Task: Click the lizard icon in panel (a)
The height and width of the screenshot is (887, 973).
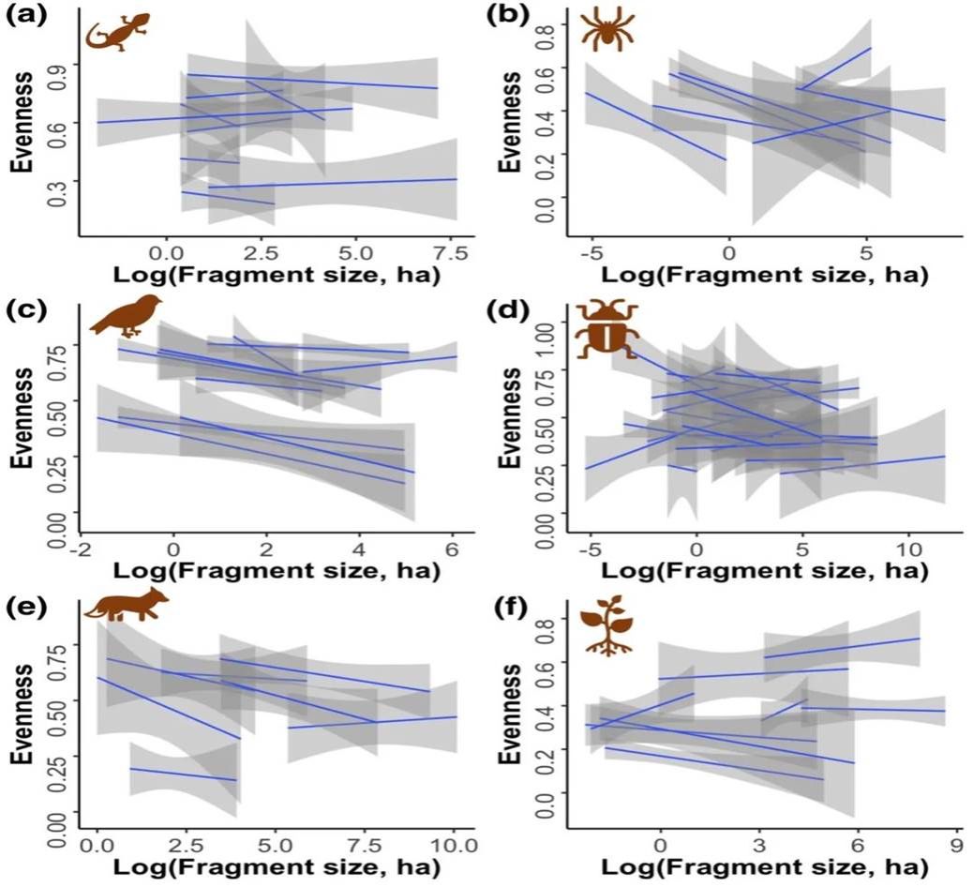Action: (x=112, y=34)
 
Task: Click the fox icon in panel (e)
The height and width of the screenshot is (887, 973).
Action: (x=127, y=604)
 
